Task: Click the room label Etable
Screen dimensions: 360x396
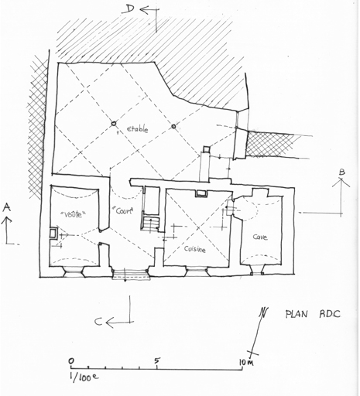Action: coord(138,129)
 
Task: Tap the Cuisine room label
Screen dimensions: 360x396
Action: coord(195,249)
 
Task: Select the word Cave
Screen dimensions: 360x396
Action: coord(260,237)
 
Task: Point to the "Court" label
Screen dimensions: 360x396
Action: coord(125,210)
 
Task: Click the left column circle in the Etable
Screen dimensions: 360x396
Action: coord(114,124)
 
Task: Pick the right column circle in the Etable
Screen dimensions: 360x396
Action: coord(173,126)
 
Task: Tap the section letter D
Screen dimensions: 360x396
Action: coord(129,9)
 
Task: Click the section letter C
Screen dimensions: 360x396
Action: coord(98,322)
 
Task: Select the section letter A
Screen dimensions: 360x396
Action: coord(7,207)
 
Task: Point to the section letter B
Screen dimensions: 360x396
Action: coord(342,172)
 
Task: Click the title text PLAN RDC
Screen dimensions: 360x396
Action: coord(313,314)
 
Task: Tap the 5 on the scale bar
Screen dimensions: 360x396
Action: coord(156,360)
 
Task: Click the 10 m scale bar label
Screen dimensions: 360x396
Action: coord(246,362)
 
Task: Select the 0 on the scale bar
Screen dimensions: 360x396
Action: coord(71,360)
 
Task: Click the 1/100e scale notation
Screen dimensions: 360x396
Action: coord(84,377)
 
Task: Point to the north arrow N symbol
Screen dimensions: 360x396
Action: coord(264,312)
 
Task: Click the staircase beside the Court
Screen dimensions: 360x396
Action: coord(150,224)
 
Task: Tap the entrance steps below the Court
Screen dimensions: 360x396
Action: coord(131,275)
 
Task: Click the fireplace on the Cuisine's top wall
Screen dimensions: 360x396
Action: coord(201,193)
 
